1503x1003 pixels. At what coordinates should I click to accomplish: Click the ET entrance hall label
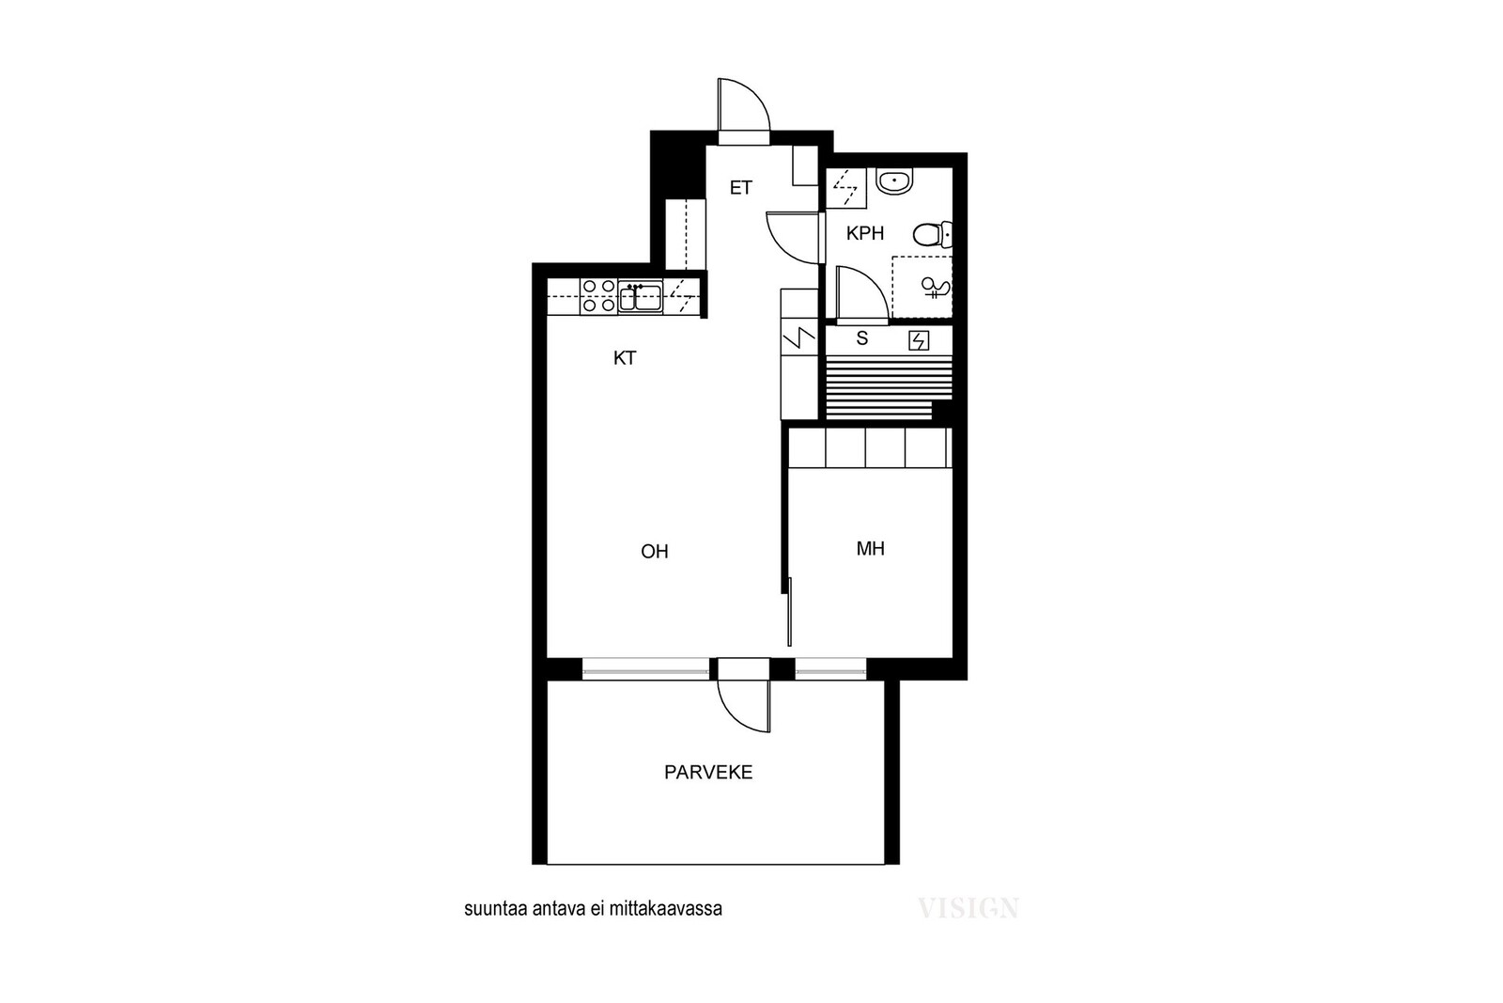click(x=741, y=188)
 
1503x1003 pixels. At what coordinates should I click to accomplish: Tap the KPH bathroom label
click(x=865, y=234)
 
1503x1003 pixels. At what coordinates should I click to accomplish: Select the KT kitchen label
click(x=625, y=358)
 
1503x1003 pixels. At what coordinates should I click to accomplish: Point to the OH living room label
click(x=654, y=552)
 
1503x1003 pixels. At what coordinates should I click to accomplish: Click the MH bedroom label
click(x=870, y=549)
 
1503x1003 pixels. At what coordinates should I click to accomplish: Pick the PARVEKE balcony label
click(x=708, y=773)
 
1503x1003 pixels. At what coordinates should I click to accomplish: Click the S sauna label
click(x=862, y=339)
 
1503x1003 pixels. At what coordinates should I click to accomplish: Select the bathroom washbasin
click(x=895, y=181)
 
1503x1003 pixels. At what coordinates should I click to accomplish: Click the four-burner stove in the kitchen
click(x=598, y=296)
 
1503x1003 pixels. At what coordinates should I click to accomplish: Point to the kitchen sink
click(x=640, y=297)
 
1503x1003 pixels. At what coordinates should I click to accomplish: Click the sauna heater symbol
click(x=919, y=341)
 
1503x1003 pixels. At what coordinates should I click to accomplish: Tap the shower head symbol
click(x=936, y=289)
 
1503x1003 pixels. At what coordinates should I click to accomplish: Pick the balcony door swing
click(x=743, y=706)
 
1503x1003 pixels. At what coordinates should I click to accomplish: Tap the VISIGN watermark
click(x=968, y=908)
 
